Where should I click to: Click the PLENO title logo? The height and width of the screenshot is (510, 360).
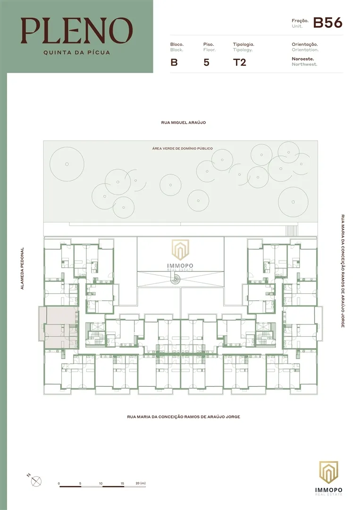pyautogui.click(x=77, y=31)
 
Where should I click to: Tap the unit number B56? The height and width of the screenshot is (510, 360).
pyautogui.click(x=327, y=23)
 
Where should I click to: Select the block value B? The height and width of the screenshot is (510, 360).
pyautogui.click(x=174, y=62)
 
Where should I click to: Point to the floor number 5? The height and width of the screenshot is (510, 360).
pyautogui.click(x=206, y=62)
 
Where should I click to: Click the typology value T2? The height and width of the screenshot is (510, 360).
pyautogui.click(x=240, y=62)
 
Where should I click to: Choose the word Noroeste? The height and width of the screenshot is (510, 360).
pyautogui.click(x=303, y=59)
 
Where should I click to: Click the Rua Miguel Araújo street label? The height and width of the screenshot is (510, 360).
pyautogui.click(x=184, y=123)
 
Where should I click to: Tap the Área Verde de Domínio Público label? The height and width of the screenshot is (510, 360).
pyautogui.click(x=183, y=148)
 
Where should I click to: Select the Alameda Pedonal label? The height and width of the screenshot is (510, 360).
pyautogui.click(x=23, y=269)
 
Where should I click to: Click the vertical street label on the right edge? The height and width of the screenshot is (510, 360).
pyautogui.click(x=343, y=271)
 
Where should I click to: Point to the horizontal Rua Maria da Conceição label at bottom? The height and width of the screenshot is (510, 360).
pyautogui.click(x=184, y=416)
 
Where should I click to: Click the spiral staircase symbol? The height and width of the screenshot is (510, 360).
pyautogui.click(x=176, y=278)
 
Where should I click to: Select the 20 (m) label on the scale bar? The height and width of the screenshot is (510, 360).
pyautogui.click(x=141, y=484)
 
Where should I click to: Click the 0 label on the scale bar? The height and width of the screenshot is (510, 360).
pyautogui.click(x=59, y=484)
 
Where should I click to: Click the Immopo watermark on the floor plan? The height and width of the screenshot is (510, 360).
pyautogui.click(x=180, y=255)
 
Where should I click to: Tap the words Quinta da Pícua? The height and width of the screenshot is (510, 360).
pyautogui.click(x=77, y=52)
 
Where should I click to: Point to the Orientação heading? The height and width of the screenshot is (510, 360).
pyautogui.click(x=305, y=44)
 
